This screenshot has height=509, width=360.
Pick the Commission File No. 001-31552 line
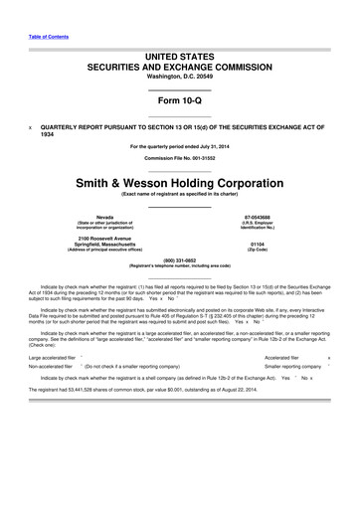tap(180, 159)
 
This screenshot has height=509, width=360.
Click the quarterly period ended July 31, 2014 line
tap(180, 147)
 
